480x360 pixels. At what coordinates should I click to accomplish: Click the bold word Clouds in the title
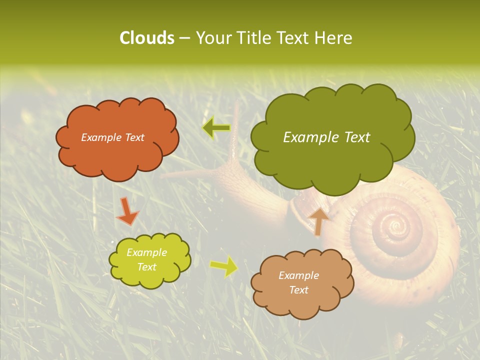tap(146, 38)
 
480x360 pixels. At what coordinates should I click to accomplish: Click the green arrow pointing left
tap(216, 128)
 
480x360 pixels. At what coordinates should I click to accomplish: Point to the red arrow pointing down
tap(127, 211)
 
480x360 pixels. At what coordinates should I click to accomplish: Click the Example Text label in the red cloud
tap(112, 137)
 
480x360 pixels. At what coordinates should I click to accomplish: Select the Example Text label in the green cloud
tap(326, 137)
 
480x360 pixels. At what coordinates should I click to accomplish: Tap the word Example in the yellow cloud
tap(146, 252)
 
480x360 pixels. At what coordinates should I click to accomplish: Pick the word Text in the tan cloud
tap(299, 290)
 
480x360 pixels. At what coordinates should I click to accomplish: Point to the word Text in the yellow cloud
tap(146, 267)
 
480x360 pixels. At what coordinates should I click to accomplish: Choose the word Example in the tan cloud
tap(298, 275)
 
